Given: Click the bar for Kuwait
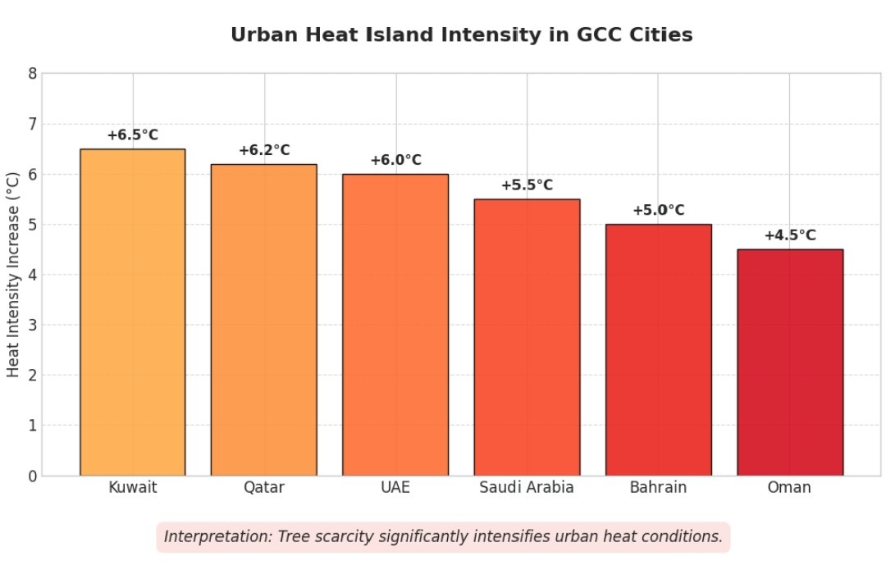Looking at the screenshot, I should coord(132,312).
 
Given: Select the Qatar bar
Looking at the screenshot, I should coord(263,320).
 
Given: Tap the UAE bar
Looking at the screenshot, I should coord(395,324).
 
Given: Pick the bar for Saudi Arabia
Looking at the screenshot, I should coord(527,336).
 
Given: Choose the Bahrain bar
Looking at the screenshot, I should coord(658,349).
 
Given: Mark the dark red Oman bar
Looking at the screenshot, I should coord(790,362).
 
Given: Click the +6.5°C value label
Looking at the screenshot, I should coord(132,135).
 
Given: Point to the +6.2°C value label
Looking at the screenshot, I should coord(264,151).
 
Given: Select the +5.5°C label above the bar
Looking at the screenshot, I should coord(527,185).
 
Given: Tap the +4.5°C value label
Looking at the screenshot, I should coord(790,235).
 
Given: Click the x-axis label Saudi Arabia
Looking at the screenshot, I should coord(527,488).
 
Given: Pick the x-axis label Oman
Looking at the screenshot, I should coord(789,488).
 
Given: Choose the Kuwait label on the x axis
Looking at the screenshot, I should coord(132,488).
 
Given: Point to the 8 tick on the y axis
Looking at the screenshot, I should coord(32,74).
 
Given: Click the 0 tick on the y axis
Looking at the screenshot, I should coord(32,476).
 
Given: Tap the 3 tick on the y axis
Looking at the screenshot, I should coord(32,325).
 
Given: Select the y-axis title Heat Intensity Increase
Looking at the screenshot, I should coord(13,274).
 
